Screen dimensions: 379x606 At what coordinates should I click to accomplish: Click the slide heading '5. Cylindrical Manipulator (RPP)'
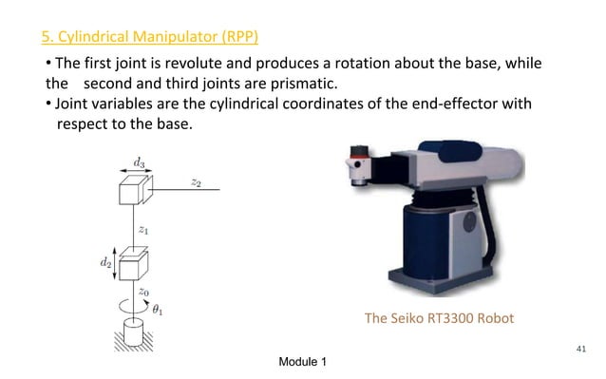pos(149,38)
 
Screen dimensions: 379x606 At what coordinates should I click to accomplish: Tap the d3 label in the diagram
pos(140,162)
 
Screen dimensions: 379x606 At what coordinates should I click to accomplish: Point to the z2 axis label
pos(196,181)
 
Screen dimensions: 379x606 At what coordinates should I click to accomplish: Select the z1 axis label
pos(143,229)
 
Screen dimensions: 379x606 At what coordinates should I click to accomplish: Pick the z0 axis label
pos(143,293)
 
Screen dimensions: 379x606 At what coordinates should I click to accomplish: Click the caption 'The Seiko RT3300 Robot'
pos(439,318)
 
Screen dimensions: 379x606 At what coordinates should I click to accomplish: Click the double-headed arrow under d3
pos(140,174)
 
